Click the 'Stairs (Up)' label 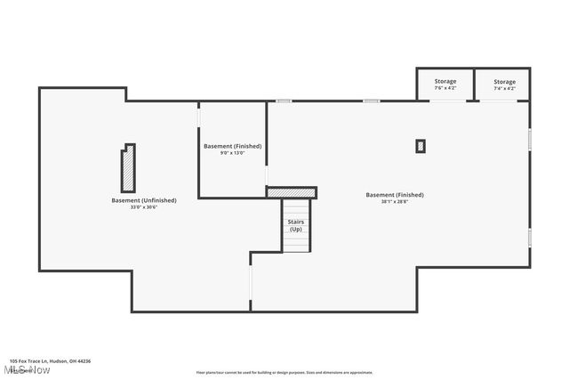point(296,225)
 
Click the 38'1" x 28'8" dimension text point(394,201)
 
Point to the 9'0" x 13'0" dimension point(232,153)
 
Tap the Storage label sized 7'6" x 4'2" point(445,82)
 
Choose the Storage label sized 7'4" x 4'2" point(504,82)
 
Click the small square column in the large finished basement point(421,146)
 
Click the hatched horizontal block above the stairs point(292,192)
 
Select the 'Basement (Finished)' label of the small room point(231,146)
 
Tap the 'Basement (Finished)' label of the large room point(395,194)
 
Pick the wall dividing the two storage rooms point(473,84)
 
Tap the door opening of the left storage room point(446,100)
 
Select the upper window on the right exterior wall point(529,139)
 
